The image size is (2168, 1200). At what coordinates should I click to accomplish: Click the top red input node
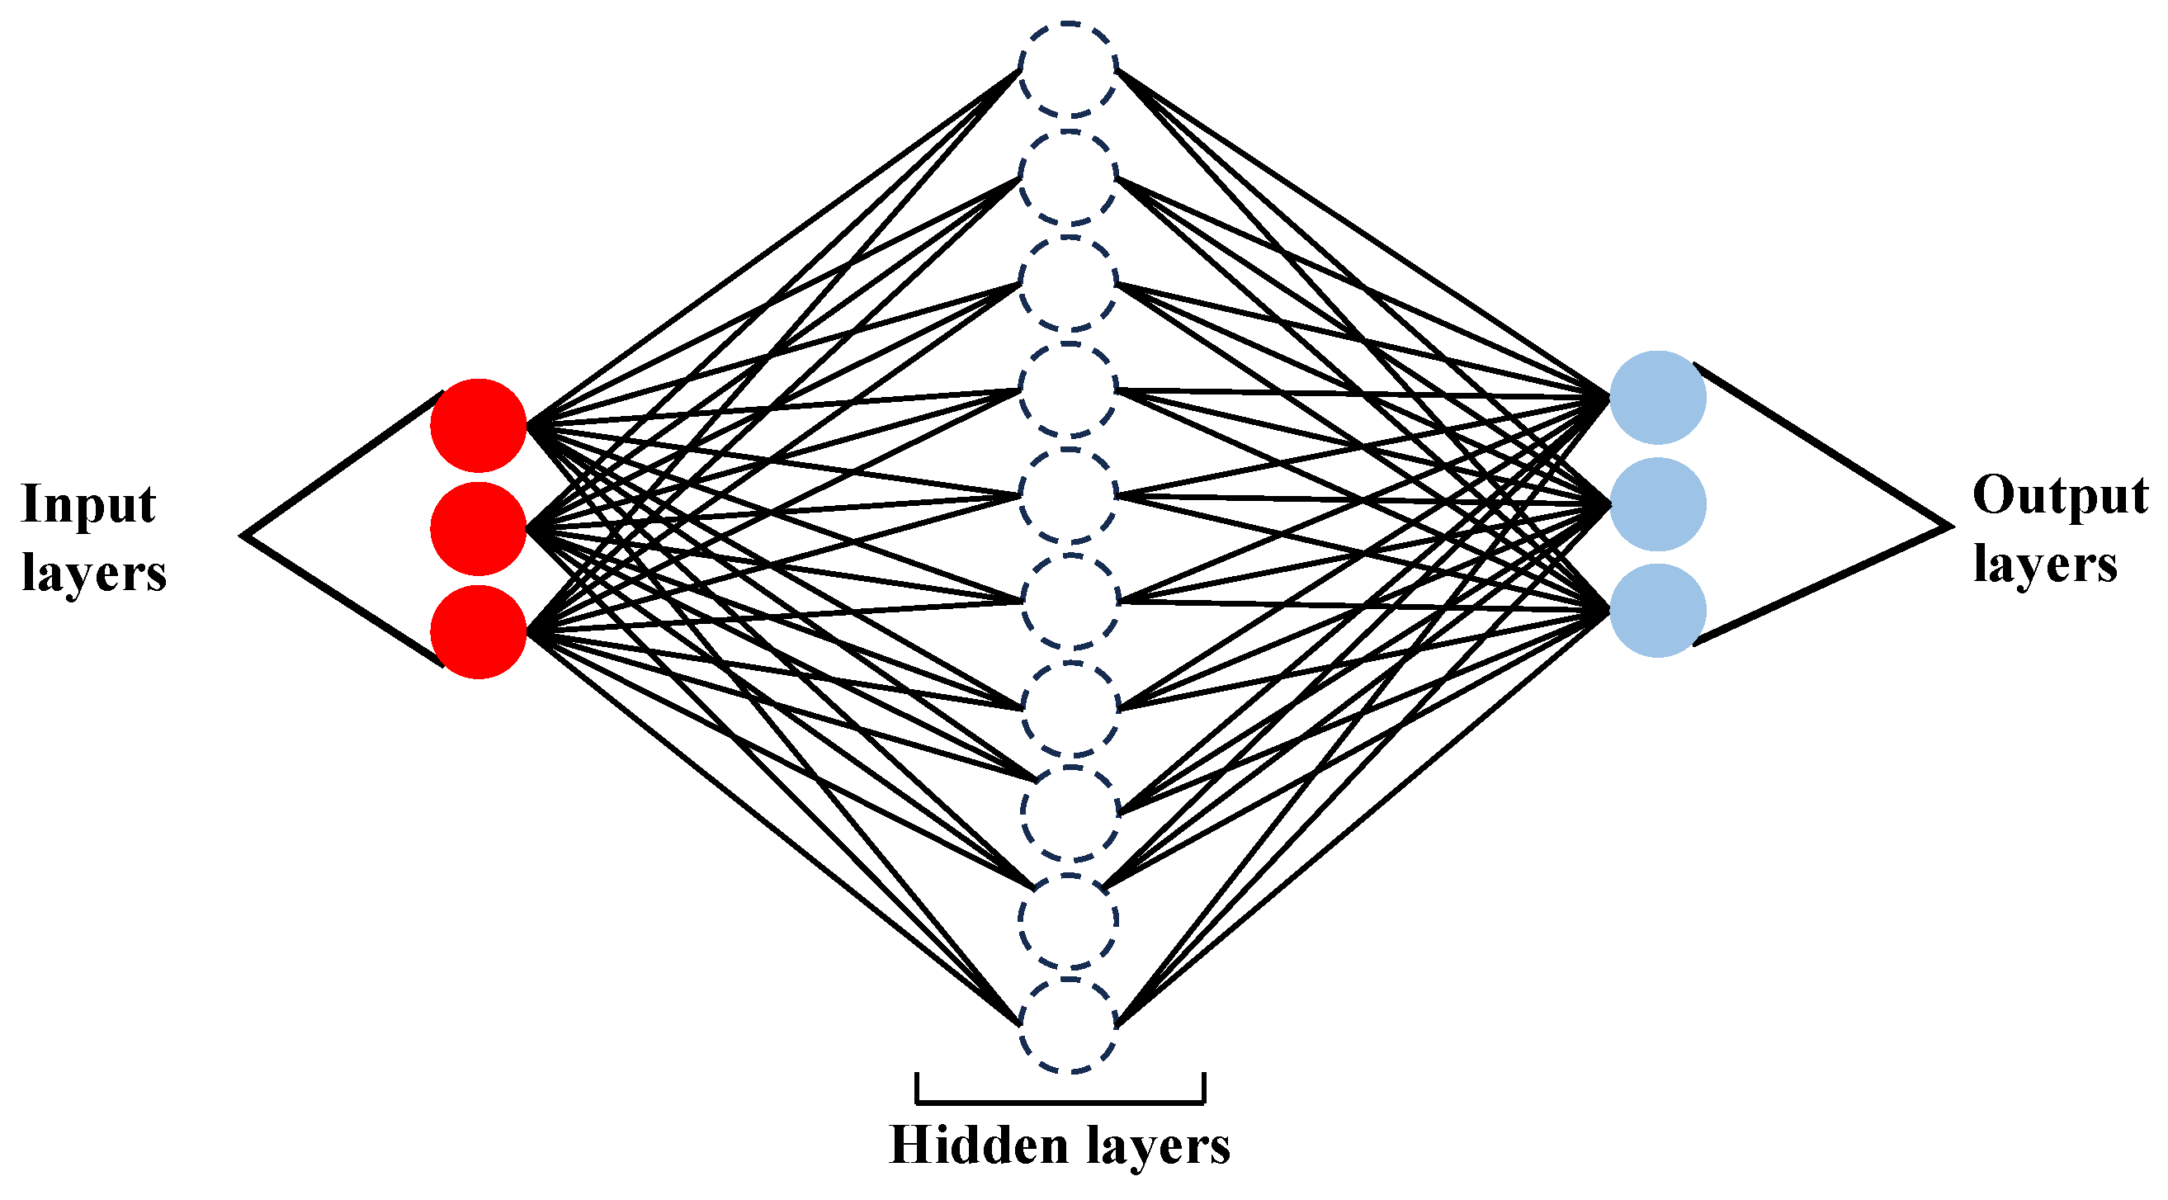pyautogui.click(x=478, y=425)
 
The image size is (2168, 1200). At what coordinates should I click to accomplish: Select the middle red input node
pyautogui.click(x=478, y=528)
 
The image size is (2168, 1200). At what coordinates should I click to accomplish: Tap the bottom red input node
pyautogui.click(x=478, y=631)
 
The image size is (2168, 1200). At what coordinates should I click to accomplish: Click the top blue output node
pyautogui.click(x=1657, y=397)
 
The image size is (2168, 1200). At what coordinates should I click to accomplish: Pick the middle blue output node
pyautogui.click(x=1657, y=504)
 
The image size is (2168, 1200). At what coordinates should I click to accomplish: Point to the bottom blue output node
pyautogui.click(x=1657, y=610)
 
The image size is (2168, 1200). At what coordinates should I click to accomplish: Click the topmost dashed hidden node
pyautogui.click(x=1068, y=69)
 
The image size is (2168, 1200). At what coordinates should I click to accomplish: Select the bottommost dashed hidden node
pyautogui.click(x=1068, y=1025)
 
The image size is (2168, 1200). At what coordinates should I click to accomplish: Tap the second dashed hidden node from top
pyautogui.click(x=1068, y=177)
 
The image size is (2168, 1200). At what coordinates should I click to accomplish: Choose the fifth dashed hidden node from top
pyautogui.click(x=1068, y=496)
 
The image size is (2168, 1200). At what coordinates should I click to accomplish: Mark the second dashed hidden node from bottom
pyautogui.click(x=1068, y=919)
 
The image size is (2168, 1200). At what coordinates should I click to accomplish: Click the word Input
pyautogui.click(x=88, y=505)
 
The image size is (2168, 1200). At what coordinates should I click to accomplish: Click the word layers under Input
pyautogui.click(x=93, y=574)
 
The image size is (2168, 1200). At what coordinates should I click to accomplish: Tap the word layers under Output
pyautogui.click(x=2044, y=565)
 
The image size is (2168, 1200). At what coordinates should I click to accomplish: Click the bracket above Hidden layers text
pyautogui.click(x=1060, y=1101)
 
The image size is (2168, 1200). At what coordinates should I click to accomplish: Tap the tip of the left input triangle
pyautogui.click(x=244, y=534)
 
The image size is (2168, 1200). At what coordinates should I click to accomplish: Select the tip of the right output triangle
pyautogui.click(x=1950, y=527)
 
